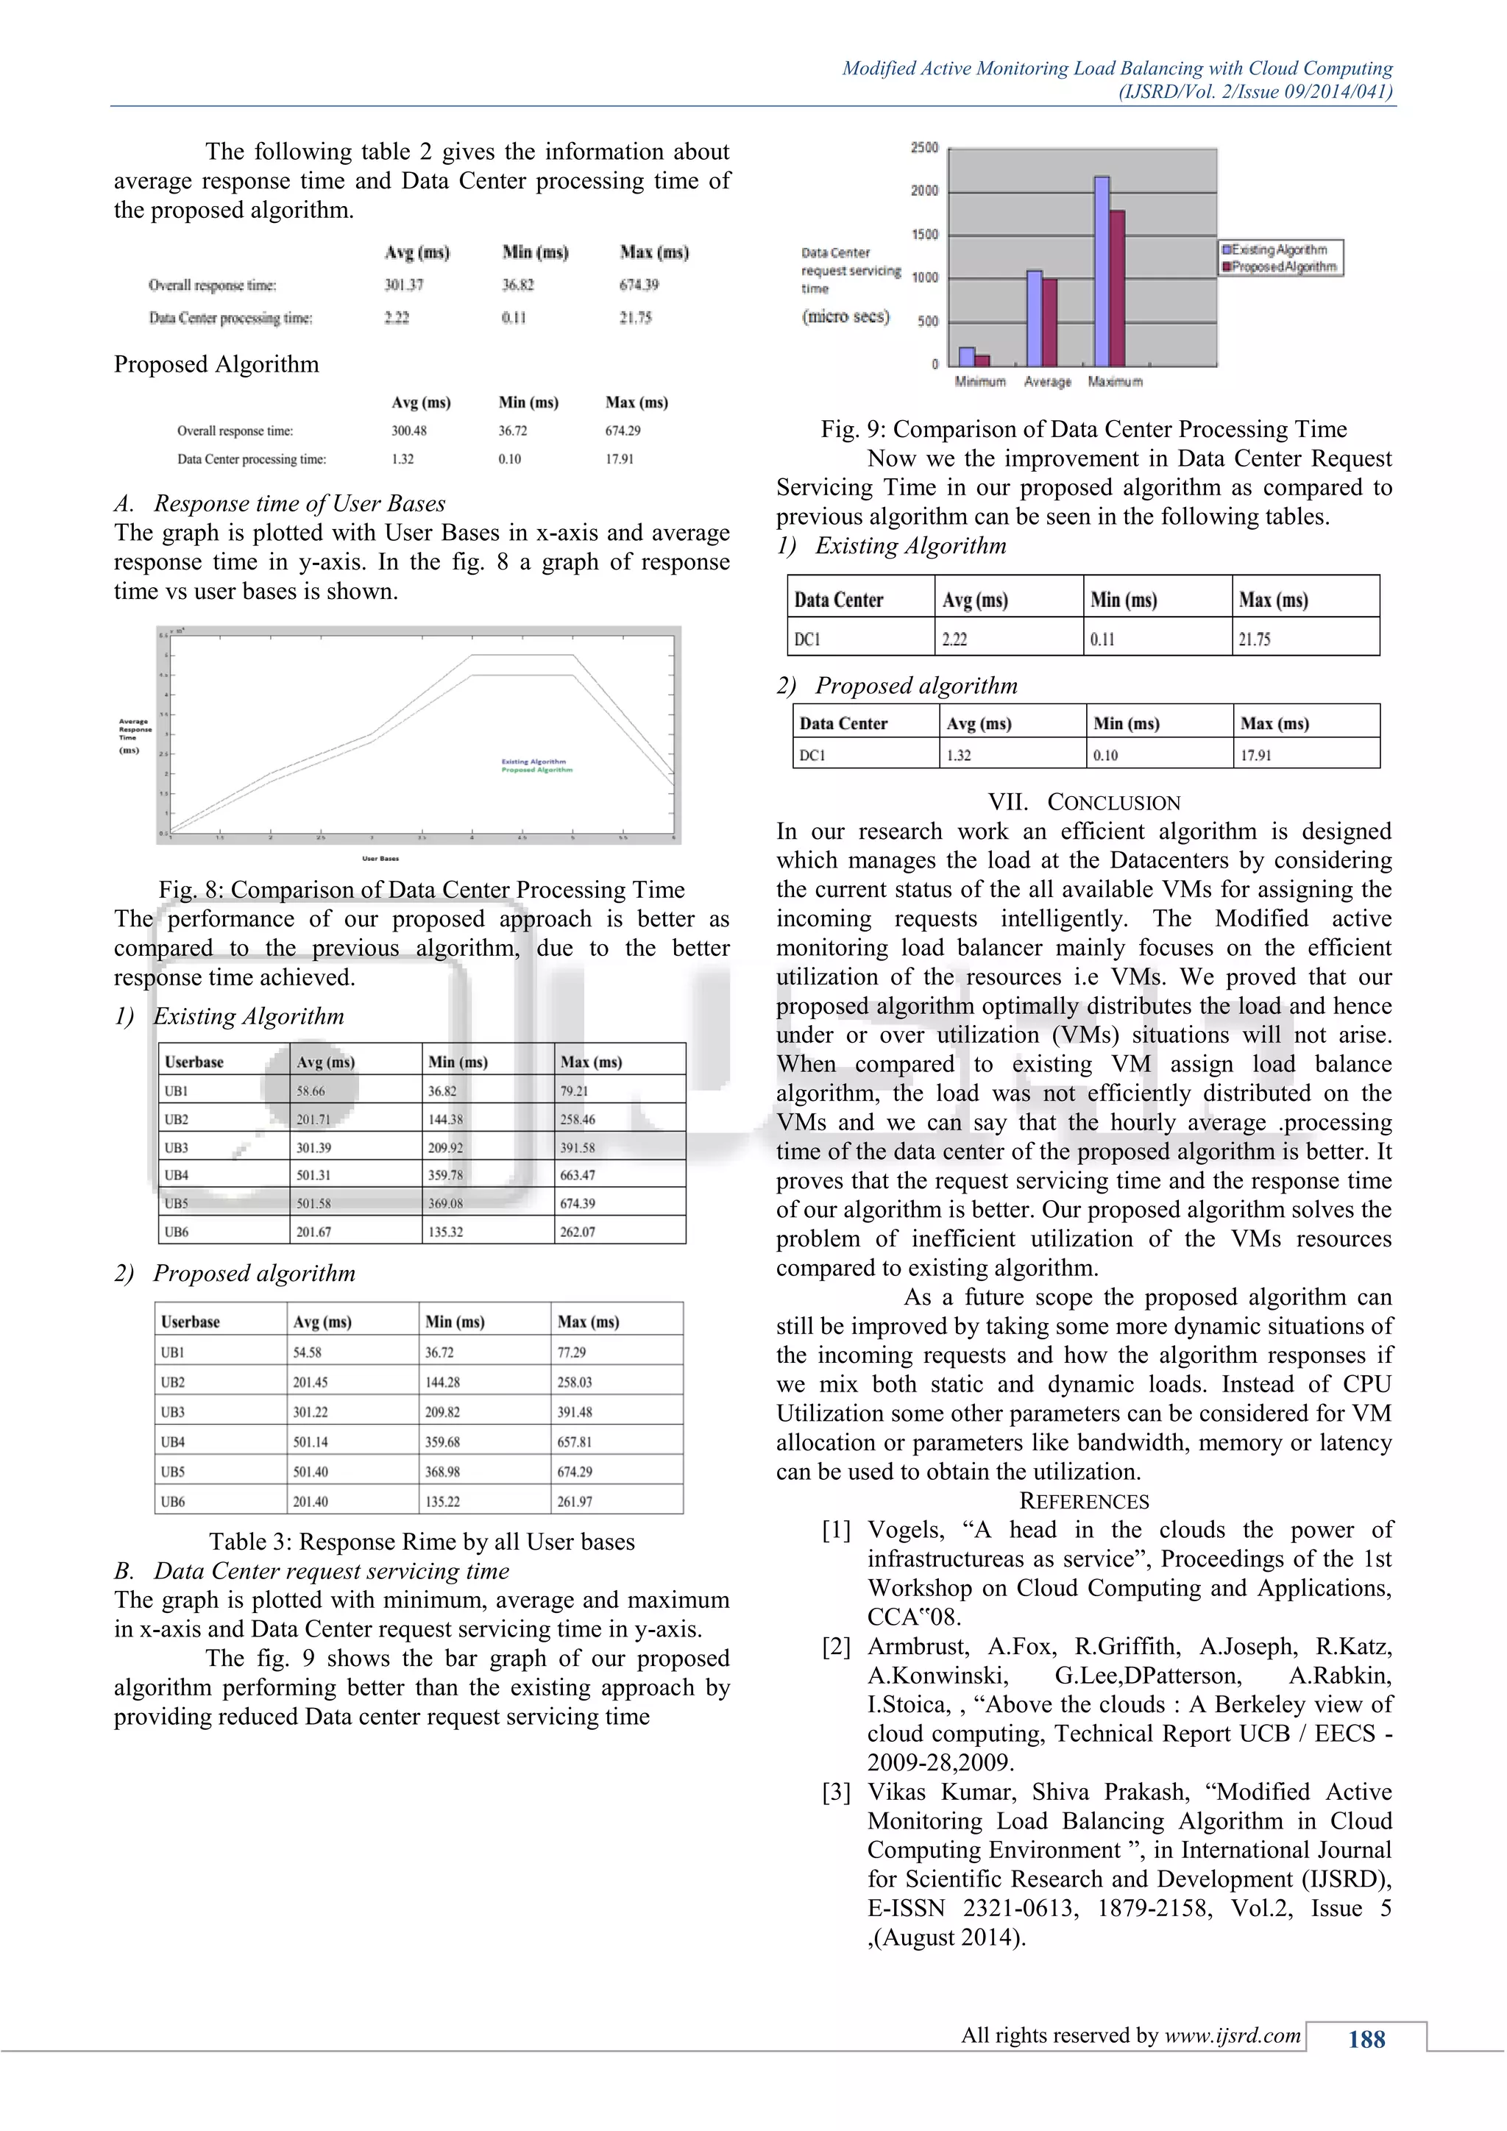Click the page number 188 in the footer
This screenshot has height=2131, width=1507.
coord(1366,2039)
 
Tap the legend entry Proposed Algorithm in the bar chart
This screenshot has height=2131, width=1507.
coord(1283,266)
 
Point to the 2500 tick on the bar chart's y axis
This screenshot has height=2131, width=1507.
coord(924,148)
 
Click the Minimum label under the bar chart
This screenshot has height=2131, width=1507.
coord(980,381)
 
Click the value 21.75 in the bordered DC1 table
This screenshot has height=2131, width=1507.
coord(1255,639)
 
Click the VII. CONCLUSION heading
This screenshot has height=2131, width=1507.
coord(1084,802)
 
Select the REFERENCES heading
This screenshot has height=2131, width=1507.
coord(1084,1501)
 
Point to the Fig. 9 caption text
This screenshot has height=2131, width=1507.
coord(1083,429)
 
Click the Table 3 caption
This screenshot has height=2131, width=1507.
coord(422,1542)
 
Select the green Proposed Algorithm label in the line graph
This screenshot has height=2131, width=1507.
coord(536,770)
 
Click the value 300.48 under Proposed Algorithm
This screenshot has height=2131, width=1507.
coord(408,430)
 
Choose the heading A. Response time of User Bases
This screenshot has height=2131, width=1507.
coord(280,503)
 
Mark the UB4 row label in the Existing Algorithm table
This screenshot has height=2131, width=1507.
coord(177,1175)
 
